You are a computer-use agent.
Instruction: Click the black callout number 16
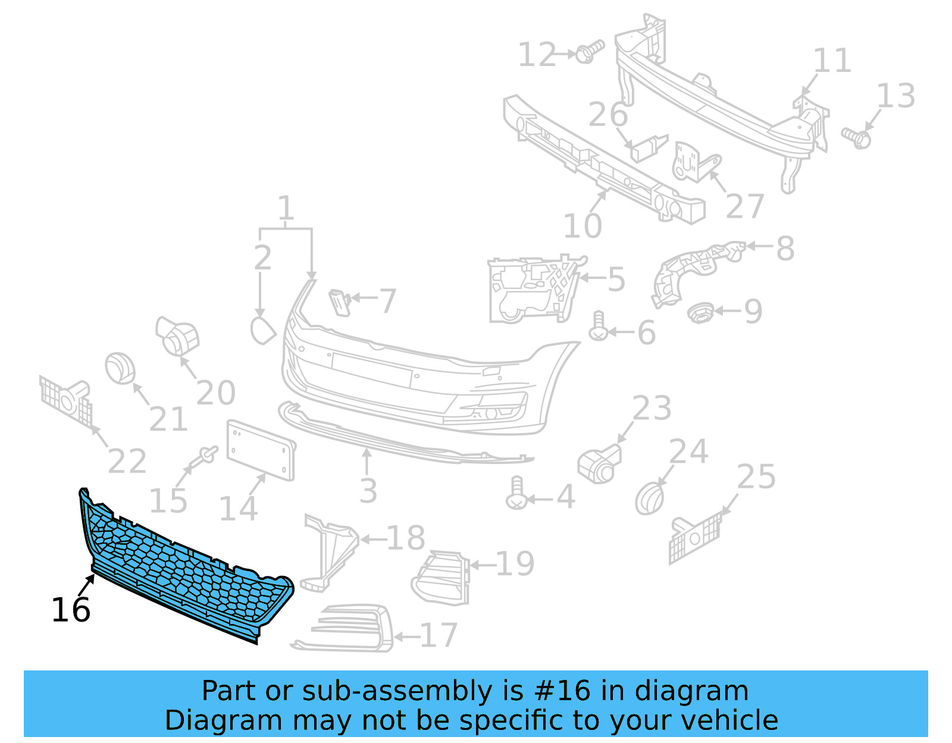point(71,610)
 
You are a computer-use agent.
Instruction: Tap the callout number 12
point(537,55)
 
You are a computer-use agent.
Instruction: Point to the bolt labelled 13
point(856,137)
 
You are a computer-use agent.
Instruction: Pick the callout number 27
point(744,206)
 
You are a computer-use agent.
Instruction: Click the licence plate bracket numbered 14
point(261,450)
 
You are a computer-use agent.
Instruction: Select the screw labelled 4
point(516,493)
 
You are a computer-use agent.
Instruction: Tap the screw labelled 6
point(598,327)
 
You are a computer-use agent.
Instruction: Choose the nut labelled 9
point(700,312)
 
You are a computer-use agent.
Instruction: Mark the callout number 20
point(215,393)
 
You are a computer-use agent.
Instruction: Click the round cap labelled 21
point(120,368)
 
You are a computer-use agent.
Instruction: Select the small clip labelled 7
point(340,302)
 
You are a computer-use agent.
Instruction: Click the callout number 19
point(515,564)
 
